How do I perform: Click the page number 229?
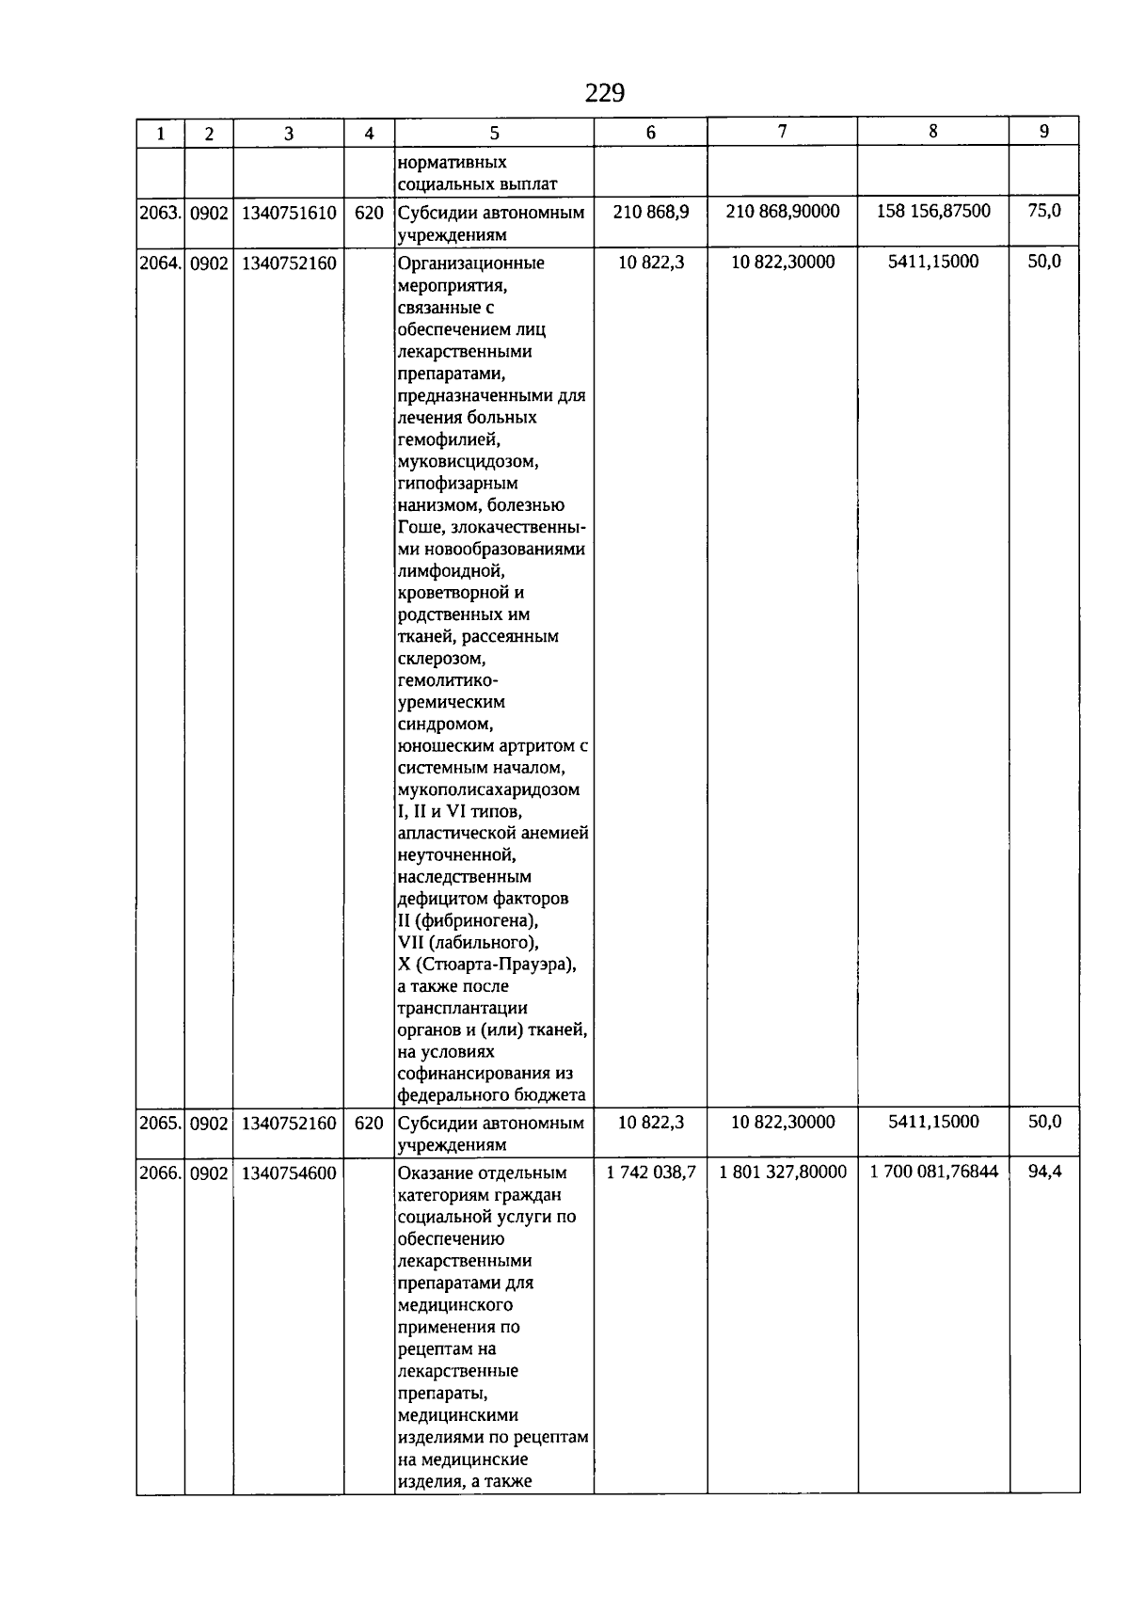pyautogui.click(x=605, y=93)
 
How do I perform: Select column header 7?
pyautogui.click(x=782, y=132)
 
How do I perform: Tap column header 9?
pyautogui.click(x=1043, y=132)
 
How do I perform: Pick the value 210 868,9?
pyautogui.click(x=651, y=212)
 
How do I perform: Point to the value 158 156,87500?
pyautogui.click(x=933, y=211)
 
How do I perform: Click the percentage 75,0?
pyautogui.click(x=1044, y=211)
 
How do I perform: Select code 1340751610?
pyautogui.click(x=289, y=213)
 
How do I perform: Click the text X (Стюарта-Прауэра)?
pyautogui.click(x=487, y=965)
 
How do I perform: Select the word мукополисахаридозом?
pyautogui.click(x=489, y=790)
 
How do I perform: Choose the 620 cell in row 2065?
pyautogui.click(x=369, y=1123)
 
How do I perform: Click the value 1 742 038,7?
pyautogui.click(x=651, y=1172)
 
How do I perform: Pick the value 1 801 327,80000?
pyautogui.click(x=783, y=1172)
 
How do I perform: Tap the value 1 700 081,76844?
pyautogui.click(x=934, y=1172)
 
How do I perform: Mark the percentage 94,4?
pyautogui.click(x=1044, y=1172)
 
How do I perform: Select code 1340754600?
pyautogui.click(x=289, y=1172)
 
